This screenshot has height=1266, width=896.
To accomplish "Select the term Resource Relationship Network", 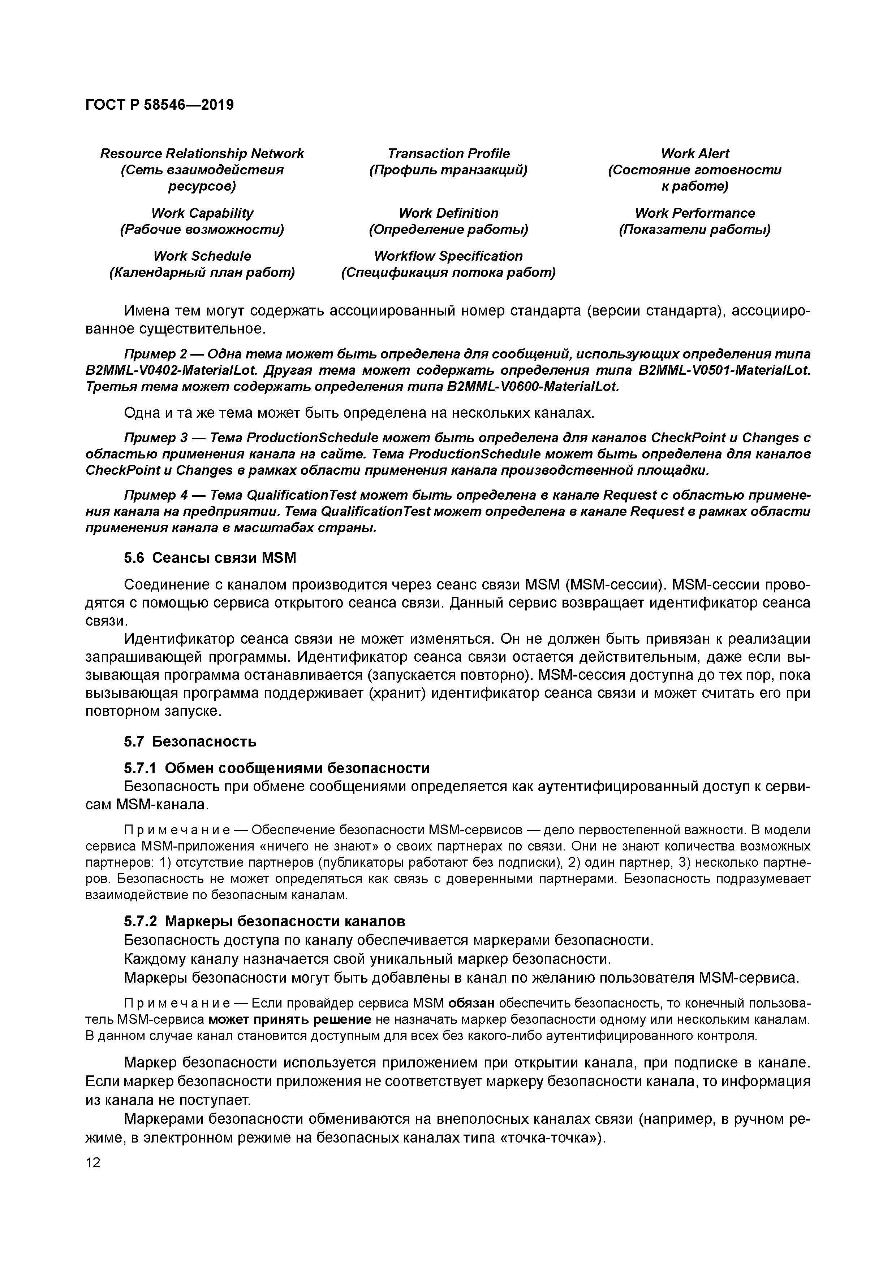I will (x=202, y=153).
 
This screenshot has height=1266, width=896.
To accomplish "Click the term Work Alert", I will (x=695, y=153).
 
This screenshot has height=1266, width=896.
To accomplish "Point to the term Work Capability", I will (x=202, y=213).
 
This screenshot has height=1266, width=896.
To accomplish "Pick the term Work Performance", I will (x=695, y=213).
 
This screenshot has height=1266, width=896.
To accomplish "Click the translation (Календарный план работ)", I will (x=202, y=273).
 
